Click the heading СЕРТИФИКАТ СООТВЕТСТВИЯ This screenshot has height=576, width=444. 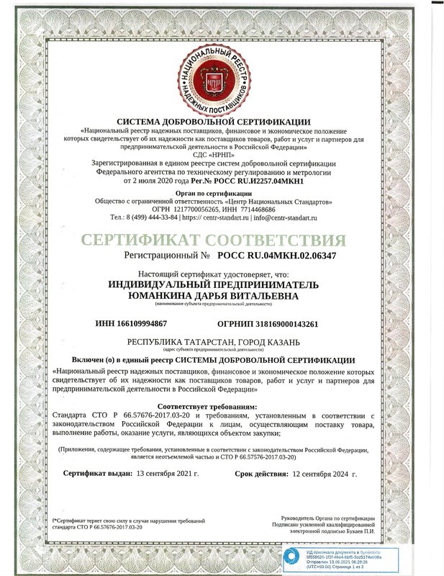point(222,240)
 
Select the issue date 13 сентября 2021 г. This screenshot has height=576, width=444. point(168,474)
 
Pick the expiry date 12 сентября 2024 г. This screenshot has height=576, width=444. point(325,474)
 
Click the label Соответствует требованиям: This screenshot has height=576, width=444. point(222,407)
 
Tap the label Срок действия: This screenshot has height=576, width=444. point(260,474)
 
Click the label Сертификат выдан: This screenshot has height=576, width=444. point(98,474)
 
